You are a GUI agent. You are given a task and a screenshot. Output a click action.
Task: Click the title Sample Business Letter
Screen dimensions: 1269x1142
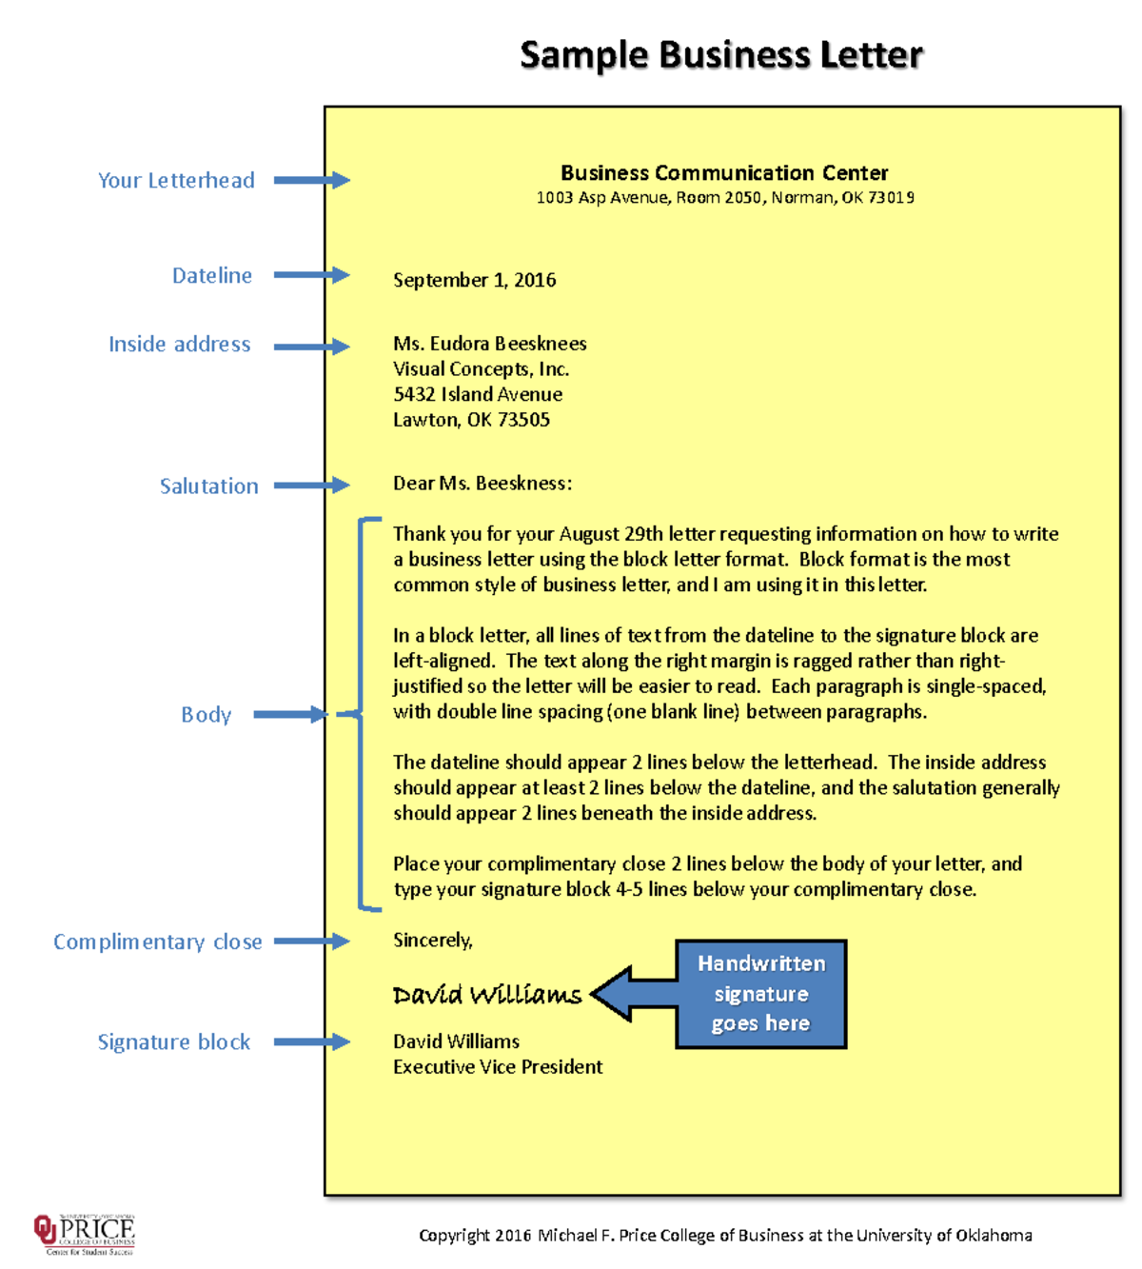pos(720,55)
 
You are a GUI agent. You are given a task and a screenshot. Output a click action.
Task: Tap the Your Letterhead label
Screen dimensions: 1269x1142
pos(176,181)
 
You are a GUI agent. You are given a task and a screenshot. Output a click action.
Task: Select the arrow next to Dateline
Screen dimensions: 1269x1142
pos(311,275)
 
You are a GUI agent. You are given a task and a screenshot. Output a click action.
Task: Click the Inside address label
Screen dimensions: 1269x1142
pos(179,345)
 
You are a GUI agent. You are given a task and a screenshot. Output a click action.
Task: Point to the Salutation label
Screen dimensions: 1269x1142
pos(208,486)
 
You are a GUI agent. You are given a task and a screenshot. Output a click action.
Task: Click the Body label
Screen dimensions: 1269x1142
pos(206,715)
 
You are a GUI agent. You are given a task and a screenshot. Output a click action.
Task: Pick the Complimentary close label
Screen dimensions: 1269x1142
pos(157,942)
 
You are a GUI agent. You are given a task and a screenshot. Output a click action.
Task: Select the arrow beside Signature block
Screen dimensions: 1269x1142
pos(311,1042)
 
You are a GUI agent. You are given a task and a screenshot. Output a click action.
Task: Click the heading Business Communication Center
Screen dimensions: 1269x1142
pos(724,173)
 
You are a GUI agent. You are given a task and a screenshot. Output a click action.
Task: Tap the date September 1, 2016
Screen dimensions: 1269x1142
pos(474,280)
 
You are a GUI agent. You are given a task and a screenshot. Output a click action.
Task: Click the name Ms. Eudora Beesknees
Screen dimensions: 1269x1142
pos(489,344)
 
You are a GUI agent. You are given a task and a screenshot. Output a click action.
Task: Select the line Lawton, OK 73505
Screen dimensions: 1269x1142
pos(471,420)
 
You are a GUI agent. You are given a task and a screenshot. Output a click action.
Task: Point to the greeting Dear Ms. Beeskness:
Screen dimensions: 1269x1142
pos(482,484)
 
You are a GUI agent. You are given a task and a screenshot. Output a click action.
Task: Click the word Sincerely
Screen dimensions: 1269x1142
pos(432,941)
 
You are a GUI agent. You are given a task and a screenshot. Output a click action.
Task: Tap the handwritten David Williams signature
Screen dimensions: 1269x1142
pos(486,995)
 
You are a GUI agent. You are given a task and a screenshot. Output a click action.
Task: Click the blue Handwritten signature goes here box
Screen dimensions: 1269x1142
pos(760,994)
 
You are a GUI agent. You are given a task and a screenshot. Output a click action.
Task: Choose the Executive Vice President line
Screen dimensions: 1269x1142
pos(498,1067)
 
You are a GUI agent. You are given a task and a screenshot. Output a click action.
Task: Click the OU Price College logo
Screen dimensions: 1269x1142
pos(85,1235)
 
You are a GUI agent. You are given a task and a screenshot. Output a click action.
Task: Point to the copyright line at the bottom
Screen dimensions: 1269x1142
pos(725,1236)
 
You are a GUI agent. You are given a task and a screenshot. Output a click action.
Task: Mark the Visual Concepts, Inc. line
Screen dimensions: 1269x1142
pos(481,369)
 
